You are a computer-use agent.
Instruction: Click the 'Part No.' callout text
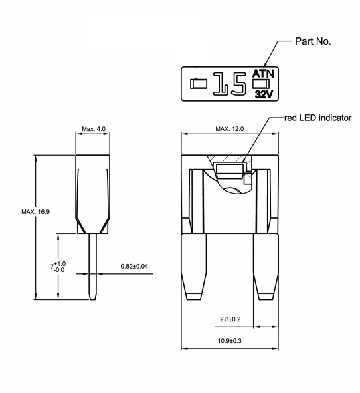point(314,42)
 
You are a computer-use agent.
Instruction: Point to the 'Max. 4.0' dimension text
point(94,128)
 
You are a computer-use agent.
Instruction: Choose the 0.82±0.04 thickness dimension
point(134,266)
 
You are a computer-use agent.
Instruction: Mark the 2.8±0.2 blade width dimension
point(230,319)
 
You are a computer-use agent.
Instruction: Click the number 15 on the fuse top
point(230,84)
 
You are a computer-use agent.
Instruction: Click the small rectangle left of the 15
point(199,84)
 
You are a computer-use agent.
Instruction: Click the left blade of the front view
point(194,266)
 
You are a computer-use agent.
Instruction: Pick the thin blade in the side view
point(94,266)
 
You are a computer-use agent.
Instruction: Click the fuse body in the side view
point(94,190)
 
